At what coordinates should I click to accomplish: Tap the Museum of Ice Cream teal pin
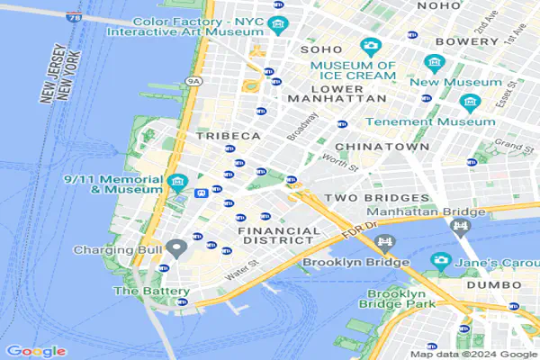point(369,47)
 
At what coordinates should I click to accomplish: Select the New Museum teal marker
point(436,63)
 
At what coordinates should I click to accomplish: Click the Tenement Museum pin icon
point(469,102)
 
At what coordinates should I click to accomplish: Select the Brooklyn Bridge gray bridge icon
point(386,243)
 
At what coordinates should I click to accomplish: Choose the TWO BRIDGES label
point(376,197)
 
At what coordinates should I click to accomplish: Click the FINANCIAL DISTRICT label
point(278,237)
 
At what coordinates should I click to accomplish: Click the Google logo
point(36,350)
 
